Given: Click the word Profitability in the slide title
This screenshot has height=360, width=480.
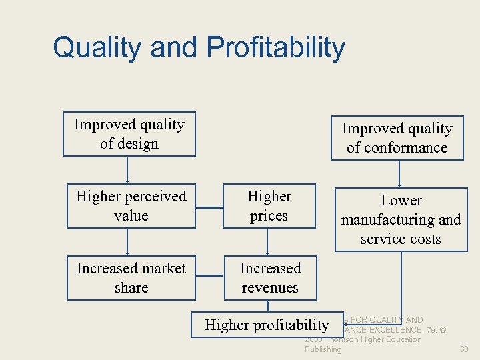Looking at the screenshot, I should [x=275, y=48].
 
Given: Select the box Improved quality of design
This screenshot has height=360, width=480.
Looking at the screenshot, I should [x=129, y=134].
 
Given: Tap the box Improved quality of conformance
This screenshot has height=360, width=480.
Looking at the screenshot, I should [x=397, y=138].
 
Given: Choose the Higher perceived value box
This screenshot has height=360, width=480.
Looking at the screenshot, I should [x=131, y=206].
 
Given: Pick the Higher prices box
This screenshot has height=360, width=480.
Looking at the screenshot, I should [x=269, y=206].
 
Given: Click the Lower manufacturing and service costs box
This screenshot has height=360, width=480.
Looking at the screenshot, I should [x=401, y=219].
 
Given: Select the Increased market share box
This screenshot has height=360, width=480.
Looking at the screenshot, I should [x=131, y=278].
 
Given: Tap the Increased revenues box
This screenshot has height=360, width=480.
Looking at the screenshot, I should [x=270, y=278].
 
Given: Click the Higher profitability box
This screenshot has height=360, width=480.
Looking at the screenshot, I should [x=266, y=325].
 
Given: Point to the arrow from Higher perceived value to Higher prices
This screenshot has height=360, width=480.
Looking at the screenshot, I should [x=209, y=207].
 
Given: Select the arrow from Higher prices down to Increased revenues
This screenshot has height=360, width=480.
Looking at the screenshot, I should [x=267, y=242].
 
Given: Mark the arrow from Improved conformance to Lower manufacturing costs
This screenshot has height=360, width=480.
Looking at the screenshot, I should [x=399, y=173].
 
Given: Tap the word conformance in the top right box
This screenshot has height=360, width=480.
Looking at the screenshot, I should [x=397, y=148].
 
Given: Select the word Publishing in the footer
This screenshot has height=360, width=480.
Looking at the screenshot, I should [x=323, y=349].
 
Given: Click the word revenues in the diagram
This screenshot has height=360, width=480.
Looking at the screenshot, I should [x=271, y=288].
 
